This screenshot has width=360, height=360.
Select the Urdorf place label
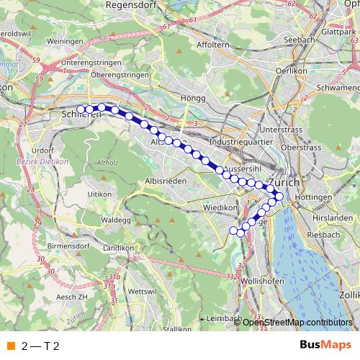[43, 150]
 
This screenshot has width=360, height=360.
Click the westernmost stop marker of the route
[81, 109]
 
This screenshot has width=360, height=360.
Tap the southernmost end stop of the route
[234, 230]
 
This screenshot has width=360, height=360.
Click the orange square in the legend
[10, 346]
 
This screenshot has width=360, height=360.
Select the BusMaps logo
[325, 345]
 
